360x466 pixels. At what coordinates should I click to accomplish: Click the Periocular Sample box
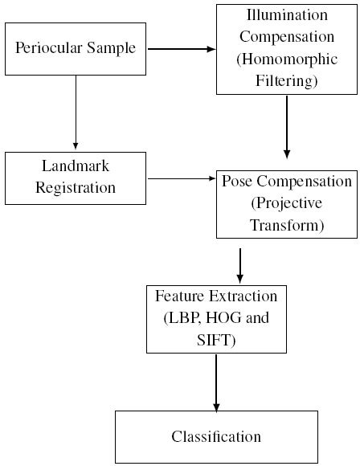coord(75,49)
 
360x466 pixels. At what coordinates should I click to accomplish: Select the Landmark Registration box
coord(75,177)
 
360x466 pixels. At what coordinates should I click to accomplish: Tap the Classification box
coord(215,437)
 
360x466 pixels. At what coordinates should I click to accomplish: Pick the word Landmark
coord(76,166)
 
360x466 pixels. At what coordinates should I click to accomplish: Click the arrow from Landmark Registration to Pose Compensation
coord(181,177)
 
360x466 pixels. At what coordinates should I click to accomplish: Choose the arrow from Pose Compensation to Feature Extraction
coord(239,262)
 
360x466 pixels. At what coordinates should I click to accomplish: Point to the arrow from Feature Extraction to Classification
coord(215,382)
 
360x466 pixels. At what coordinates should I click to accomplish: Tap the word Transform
coord(287,226)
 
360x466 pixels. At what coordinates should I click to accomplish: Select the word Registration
coord(76,188)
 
